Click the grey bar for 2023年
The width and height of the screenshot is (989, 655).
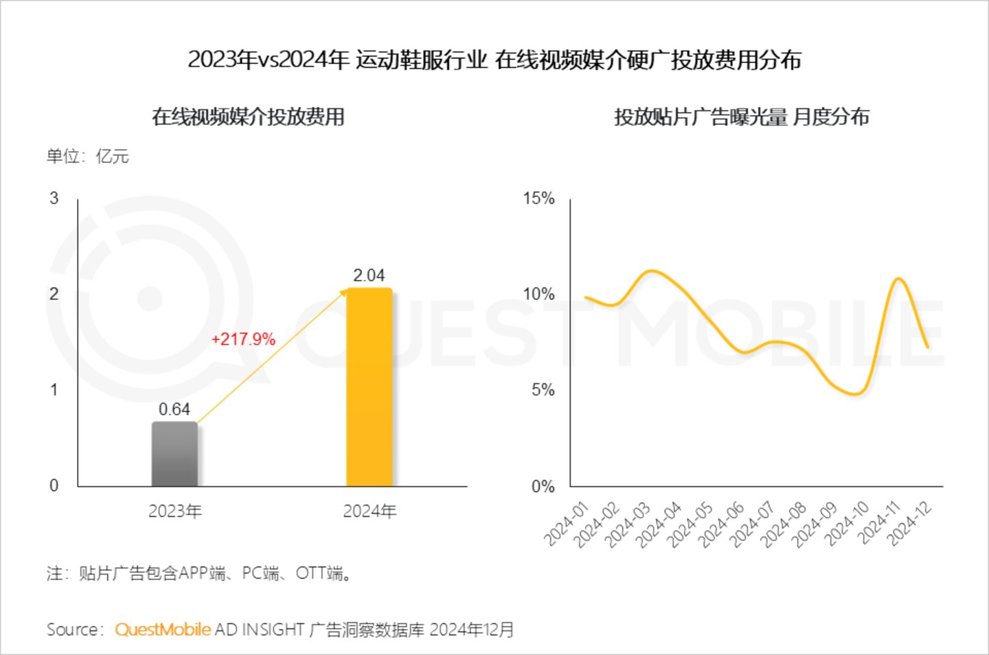pyautogui.click(x=174, y=454)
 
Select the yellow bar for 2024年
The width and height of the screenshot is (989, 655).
pyautogui.click(x=369, y=387)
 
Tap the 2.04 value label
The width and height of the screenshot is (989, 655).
pyautogui.click(x=369, y=275)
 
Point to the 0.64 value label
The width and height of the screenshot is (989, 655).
pyautogui.click(x=174, y=409)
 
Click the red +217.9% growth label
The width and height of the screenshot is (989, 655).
pyautogui.click(x=243, y=339)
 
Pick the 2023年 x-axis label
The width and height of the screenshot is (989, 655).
pyautogui.click(x=175, y=511)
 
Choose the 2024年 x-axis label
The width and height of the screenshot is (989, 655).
pyautogui.click(x=370, y=511)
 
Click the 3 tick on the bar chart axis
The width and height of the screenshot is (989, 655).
pyautogui.click(x=54, y=198)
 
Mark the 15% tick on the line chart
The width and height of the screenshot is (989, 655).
pyautogui.click(x=538, y=198)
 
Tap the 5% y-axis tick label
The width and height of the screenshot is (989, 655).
pyautogui.click(x=543, y=390)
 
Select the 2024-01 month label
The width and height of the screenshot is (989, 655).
pyautogui.click(x=567, y=524)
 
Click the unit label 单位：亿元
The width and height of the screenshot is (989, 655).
pyautogui.click(x=88, y=157)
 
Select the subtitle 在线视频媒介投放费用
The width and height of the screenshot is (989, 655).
pyautogui.click(x=248, y=117)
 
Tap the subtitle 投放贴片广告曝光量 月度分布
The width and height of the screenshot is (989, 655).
pyautogui.click(x=742, y=117)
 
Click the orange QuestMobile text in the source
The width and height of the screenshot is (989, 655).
pyautogui.click(x=163, y=630)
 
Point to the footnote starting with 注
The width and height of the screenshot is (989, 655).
pyautogui.click(x=200, y=573)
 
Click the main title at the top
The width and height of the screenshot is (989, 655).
pyautogui.click(x=494, y=60)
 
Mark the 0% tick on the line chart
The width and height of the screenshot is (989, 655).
pyautogui.click(x=543, y=487)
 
